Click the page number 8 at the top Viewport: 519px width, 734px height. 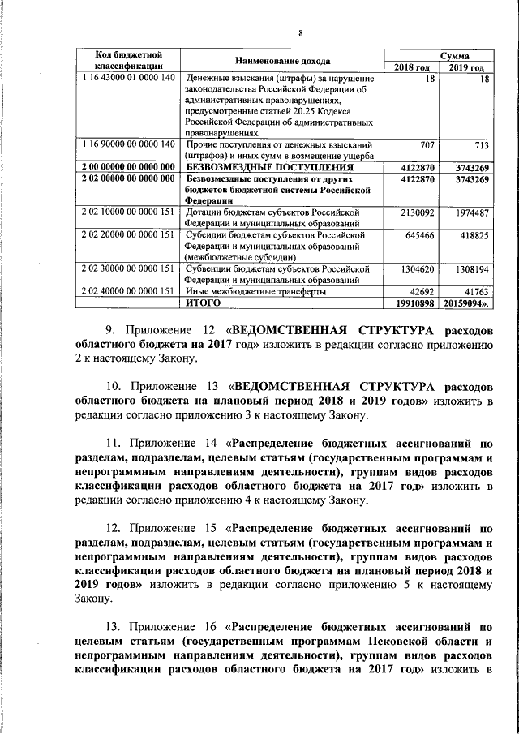(x=300, y=32)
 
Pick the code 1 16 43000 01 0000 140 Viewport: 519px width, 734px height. (x=129, y=78)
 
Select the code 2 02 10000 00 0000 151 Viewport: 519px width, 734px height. (x=129, y=212)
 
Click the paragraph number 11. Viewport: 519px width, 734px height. (x=114, y=444)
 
